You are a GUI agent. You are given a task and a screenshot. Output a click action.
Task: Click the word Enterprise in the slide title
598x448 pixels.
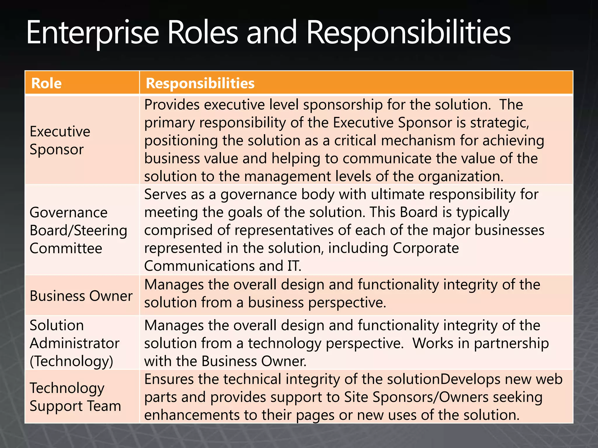(x=93, y=33)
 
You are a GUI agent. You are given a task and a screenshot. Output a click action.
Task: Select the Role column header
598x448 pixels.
(x=46, y=83)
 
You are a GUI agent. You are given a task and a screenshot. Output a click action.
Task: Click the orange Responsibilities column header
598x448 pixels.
(x=200, y=83)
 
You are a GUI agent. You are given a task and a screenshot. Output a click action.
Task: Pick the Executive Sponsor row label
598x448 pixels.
(x=60, y=140)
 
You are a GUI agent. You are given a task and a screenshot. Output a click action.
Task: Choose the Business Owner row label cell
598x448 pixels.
(x=81, y=296)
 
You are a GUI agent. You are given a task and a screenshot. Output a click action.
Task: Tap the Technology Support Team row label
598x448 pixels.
(x=75, y=397)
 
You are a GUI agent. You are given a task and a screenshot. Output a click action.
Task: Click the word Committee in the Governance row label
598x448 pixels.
(x=66, y=248)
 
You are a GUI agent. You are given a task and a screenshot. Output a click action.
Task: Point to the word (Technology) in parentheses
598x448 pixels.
(x=72, y=361)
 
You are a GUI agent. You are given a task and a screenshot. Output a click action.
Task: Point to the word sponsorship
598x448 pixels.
(x=343, y=105)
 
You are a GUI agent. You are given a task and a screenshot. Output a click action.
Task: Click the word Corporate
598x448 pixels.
(x=426, y=248)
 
